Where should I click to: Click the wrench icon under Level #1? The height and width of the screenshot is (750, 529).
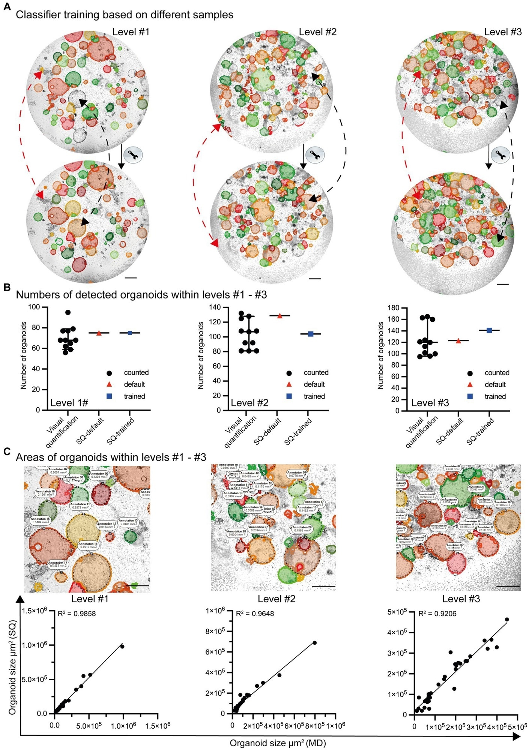[x=133, y=154]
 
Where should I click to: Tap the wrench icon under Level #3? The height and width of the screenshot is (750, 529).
[x=501, y=155]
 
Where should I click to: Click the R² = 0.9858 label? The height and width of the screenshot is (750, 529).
[x=77, y=613]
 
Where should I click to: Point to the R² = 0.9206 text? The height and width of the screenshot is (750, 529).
[x=437, y=613]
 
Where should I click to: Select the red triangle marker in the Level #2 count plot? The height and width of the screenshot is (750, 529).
[x=280, y=316]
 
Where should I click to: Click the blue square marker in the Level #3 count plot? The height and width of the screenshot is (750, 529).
[x=489, y=330]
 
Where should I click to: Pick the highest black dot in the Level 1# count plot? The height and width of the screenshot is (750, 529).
[x=68, y=312]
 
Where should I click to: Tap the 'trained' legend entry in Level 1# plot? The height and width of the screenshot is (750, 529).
[x=134, y=396]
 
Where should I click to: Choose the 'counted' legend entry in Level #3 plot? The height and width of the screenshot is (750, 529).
[x=497, y=373]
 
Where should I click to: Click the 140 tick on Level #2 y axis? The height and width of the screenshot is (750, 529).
[x=215, y=307]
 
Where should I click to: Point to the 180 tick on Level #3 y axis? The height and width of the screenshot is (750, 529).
[x=394, y=308]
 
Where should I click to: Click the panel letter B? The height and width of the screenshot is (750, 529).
[x=7, y=288]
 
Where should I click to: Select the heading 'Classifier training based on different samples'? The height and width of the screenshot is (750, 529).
[x=124, y=15]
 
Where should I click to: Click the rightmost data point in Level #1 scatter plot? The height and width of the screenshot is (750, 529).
[x=122, y=646]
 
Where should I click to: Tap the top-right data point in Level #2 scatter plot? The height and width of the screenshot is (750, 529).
[x=314, y=643]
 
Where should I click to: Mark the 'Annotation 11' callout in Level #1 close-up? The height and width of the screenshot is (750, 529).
[x=80, y=506]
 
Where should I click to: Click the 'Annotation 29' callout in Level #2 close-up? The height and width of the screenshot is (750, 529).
[x=302, y=529]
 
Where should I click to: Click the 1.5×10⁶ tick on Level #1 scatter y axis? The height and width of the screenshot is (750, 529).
[x=34, y=610]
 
